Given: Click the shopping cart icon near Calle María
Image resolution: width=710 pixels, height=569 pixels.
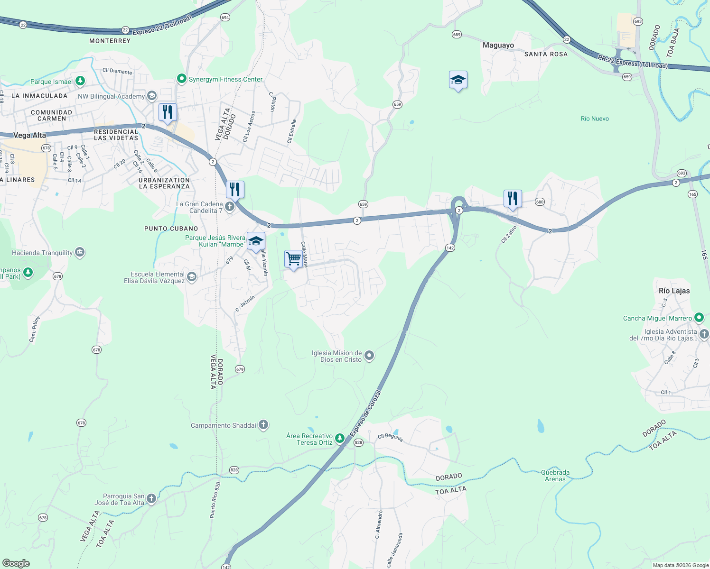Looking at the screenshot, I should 293,259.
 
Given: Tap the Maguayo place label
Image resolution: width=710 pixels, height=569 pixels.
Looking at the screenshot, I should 498,46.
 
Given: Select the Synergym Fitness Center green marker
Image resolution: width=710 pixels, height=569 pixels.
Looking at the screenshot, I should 181,79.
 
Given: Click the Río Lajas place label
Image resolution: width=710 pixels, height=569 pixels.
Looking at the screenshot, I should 674,291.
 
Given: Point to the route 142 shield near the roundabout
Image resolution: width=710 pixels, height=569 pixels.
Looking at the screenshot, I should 450,248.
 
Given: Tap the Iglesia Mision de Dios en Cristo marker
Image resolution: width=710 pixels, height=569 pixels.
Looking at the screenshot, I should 369,356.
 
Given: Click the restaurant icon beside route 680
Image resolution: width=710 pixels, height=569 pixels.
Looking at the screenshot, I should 513,199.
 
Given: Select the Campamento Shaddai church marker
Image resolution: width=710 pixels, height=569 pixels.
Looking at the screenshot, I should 263,425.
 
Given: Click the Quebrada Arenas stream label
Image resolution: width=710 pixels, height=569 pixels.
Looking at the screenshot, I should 555,476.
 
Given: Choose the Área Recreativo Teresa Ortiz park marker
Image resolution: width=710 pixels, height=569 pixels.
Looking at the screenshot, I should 339,438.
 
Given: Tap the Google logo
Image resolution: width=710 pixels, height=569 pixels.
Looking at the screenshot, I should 16,563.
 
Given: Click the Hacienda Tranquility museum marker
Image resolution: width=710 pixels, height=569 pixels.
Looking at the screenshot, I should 80,252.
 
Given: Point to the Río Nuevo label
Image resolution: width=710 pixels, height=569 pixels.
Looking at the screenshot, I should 595,119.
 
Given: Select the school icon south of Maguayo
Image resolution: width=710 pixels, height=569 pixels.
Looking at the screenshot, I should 458,80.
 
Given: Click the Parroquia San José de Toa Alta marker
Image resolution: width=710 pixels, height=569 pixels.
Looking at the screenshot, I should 151,498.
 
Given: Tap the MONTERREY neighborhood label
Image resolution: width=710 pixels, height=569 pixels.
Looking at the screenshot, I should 110,41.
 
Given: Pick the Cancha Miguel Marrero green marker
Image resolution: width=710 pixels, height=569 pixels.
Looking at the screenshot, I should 699,317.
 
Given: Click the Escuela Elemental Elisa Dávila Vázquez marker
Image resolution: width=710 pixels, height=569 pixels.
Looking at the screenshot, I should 192,277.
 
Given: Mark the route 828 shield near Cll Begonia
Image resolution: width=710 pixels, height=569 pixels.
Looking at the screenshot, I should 358,442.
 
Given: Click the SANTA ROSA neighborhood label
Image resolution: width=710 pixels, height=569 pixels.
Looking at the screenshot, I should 546,54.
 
